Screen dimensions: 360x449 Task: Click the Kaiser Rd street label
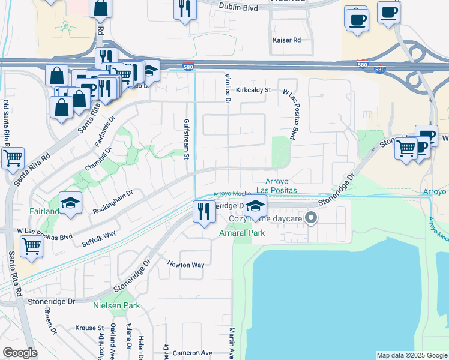[286, 40]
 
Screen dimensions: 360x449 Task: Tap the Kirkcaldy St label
[254, 89]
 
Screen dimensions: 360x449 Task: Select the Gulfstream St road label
[186, 139]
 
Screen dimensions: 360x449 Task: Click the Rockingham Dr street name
[113, 202]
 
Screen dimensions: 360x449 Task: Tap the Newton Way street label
[186, 264]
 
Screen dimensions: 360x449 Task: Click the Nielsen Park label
[116, 305]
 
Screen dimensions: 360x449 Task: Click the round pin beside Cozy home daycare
[311, 218]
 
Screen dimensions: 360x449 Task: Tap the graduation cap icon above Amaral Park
[256, 206]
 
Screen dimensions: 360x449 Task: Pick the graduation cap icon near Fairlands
[71, 203]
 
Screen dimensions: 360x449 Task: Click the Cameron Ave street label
[193, 353]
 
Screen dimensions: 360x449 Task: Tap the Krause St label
[89, 328]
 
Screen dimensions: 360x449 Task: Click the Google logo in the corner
[20, 353]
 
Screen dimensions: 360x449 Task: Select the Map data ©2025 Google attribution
[411, 355]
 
